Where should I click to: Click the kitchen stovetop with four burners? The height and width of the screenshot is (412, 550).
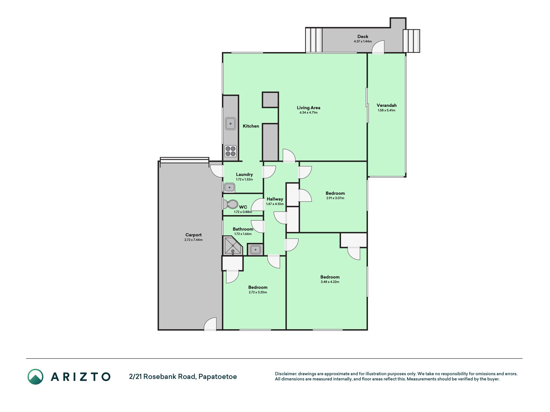(x=230, y=151)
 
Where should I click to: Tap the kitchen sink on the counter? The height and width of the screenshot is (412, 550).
(x=230, y=124)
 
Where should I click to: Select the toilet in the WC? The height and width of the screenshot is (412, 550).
(x=230, y=204)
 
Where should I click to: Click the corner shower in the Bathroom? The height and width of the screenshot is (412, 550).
(x=232, y=246)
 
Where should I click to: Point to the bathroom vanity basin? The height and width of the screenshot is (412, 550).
(x=256, y=249)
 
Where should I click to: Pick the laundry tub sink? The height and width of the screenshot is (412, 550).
(x=230, y=187)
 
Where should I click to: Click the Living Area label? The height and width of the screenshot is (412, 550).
(x=308, y=108)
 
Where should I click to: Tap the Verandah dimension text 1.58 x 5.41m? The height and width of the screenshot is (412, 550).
(x=386, y=110)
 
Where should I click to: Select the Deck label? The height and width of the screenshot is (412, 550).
(x=363, y=36)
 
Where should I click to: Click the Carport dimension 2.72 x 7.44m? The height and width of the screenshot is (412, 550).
(x=193, y=240)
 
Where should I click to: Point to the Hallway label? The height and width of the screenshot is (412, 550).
(x=275, y=199)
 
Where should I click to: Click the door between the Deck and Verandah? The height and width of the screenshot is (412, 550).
(x=378, y=47)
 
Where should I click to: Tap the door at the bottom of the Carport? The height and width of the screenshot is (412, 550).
(x=210, y=324)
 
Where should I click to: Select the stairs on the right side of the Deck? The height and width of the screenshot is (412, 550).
(x=411, y=41)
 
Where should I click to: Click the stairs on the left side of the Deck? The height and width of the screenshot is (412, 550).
(x=314, y=40)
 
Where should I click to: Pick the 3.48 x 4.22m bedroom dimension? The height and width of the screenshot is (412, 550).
(x=330, y=282)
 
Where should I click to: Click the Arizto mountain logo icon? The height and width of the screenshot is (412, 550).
(x=35, y=377)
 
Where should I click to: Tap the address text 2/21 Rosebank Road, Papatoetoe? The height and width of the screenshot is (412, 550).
(x=183, y=377)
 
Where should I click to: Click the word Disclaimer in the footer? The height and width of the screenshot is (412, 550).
(x=285, y=374)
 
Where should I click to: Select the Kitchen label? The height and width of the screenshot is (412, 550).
(x=251, y=126)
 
